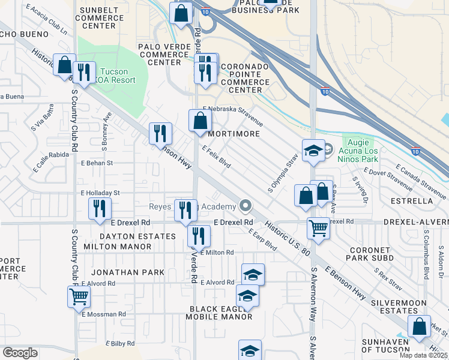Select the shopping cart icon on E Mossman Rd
click(79, 296)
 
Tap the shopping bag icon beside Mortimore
click(200, 120)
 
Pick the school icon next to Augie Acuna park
click(313, 152)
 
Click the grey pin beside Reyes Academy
click(245, 206)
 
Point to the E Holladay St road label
click(100, 193)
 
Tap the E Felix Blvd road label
click(217, 157)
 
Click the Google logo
click(20, 352)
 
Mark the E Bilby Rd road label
click(123, 344)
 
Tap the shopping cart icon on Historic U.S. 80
click(318, 227)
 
